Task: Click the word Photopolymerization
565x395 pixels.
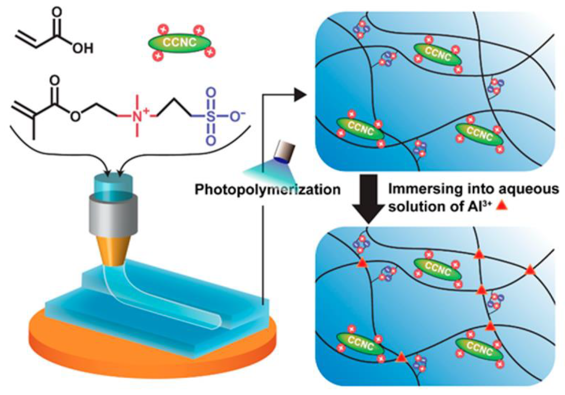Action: tap(267, 189)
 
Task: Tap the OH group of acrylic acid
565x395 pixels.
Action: tap(83, 49)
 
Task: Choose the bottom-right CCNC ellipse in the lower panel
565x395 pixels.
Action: tap(479, 349)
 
